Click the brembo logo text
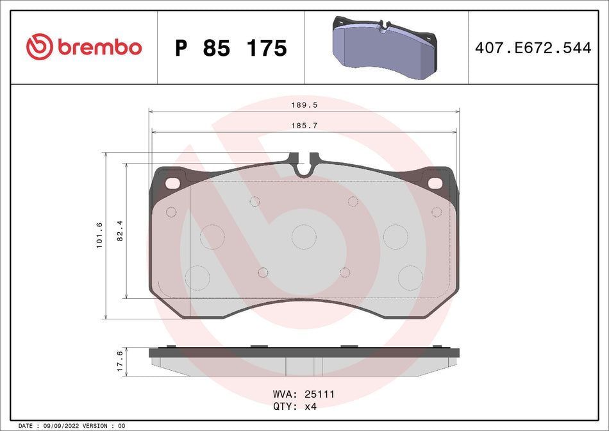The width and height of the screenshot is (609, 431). pos(99,47)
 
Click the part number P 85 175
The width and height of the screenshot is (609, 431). pos(231,48)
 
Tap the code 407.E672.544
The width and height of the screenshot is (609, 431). pos(533,47)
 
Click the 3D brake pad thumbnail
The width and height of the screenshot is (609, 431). pos(385,47)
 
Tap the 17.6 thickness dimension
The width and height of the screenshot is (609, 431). pos(120,362)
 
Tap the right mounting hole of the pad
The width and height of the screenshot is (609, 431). pos(436,183)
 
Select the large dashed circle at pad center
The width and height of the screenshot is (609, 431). pos(304,237)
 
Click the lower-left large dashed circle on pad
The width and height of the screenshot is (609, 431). pos(197,278)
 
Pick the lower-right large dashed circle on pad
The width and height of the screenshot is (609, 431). pos(410,278)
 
